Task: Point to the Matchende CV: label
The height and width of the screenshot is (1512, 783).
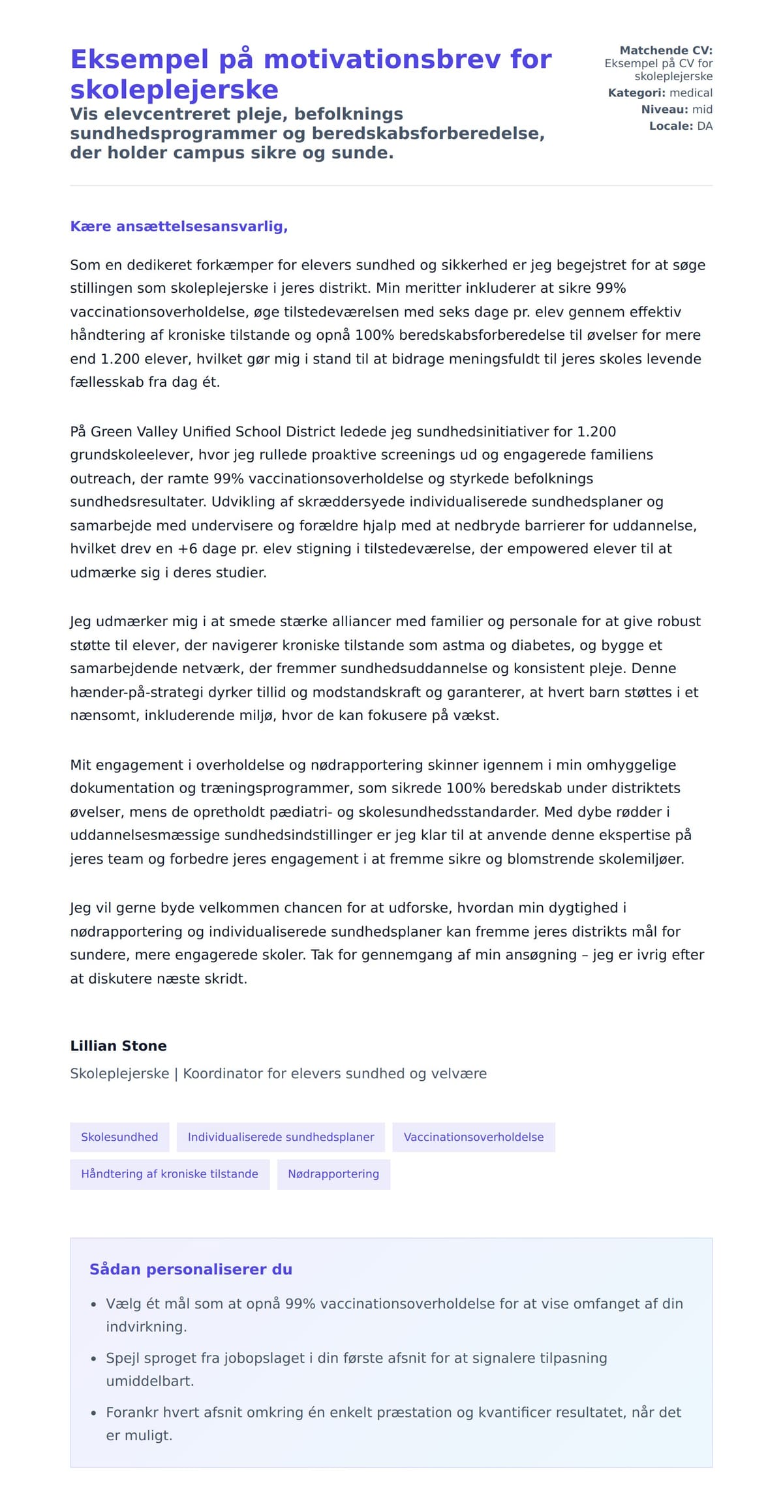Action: click(x=666, y=50)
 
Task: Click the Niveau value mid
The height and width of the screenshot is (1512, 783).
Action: click(x=702, y=110)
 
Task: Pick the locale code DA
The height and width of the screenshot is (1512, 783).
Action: click(x=705, y=126)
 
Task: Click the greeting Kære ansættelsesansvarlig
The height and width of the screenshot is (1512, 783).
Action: click(x=179, y=226)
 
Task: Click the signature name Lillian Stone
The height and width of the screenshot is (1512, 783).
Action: click(x=118, y=1046)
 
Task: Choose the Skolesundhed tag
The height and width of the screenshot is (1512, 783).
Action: click(x=119, y=1137)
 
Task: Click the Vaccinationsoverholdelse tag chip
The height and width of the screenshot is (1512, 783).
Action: click(x=473, y=1137)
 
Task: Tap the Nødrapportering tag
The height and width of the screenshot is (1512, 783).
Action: click(x=333, y=1173)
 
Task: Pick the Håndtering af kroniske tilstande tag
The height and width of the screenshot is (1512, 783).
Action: click(x=169, y=1173)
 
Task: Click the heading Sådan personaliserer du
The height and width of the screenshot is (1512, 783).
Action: click(x=191, y=1269)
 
